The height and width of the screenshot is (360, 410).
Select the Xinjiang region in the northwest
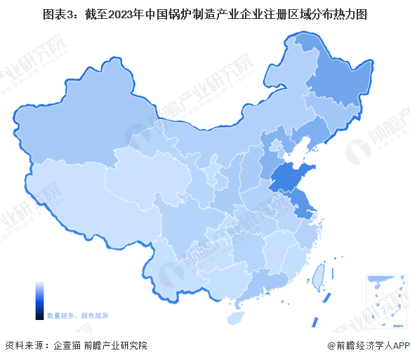click(x=77, y=130)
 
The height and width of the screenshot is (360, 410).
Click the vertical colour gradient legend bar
click(x=39, y=300)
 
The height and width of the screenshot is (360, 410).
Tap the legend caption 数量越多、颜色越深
click(x=77, y=316)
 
